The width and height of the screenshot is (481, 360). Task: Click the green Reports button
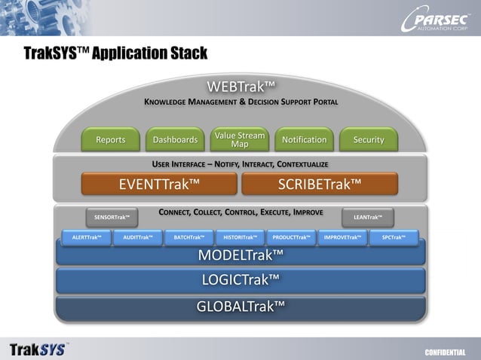(111, 139)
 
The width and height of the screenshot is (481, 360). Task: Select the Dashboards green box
(175, 139)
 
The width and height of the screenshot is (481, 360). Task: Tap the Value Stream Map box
(240, 139)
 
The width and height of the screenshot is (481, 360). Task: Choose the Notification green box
(304, 139)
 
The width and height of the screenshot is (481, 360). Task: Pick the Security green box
(369, 139)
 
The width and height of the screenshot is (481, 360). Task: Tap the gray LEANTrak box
(368, 218)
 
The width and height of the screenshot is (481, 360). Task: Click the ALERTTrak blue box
(87, 237)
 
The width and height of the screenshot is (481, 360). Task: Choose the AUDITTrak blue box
(138, 237)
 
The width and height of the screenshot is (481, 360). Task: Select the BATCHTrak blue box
(189, 237)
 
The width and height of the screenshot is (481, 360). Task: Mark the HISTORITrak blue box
(240, 237)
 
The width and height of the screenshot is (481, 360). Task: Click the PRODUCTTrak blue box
(292, 237)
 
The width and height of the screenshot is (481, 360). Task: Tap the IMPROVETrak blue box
(342, 237)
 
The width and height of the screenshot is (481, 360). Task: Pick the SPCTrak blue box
(394, 237)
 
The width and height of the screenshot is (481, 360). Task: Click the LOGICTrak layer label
(240, 280)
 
